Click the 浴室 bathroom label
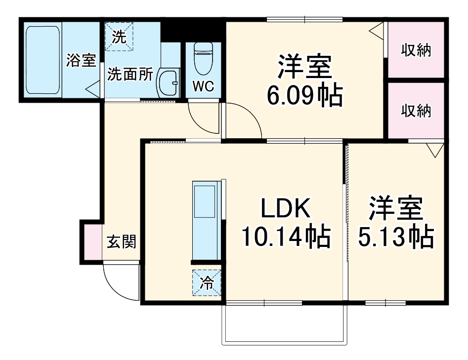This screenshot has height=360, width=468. pos(81,61)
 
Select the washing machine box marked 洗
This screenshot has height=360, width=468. pos(119,36)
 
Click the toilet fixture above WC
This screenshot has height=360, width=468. pos(203,59)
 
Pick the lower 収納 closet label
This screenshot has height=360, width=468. pos(416,111)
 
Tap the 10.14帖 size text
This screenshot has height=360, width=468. pos(285,238)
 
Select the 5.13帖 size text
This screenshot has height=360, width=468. pos(395,238)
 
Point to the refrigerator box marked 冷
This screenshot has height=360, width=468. pos(207,283)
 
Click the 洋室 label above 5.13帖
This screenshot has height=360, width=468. pos(395,210)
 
